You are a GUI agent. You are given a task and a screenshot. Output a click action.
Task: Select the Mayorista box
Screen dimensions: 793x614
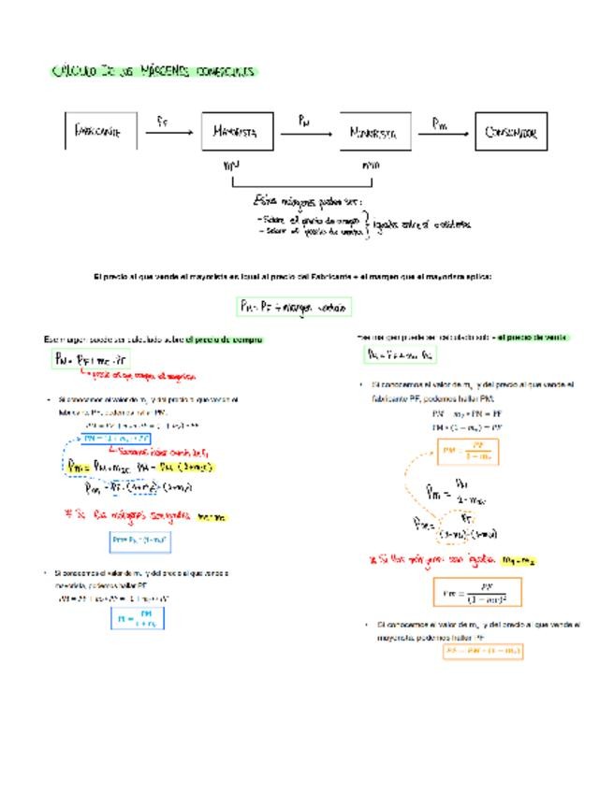click(239, 132)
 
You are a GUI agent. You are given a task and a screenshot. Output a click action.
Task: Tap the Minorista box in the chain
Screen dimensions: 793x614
click(376, 133)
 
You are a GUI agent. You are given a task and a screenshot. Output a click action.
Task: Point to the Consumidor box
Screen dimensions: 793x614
click(510, 132)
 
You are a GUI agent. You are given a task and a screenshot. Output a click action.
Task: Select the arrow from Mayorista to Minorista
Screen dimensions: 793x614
click(306, 133)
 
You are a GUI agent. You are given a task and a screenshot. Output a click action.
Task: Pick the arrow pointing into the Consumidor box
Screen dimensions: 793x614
click(445, 133)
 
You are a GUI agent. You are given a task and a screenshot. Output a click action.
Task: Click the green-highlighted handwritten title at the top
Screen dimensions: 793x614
click(153, 71)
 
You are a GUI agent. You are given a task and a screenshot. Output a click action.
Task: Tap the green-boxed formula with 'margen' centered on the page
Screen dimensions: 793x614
click(293, 306)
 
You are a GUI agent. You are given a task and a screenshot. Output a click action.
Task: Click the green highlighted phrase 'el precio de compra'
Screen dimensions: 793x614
click(225, 339)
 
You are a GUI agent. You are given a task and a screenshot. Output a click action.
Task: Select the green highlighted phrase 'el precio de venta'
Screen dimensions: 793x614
click(532, 336)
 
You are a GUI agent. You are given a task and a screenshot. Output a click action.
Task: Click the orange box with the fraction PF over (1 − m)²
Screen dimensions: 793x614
click(477, 593)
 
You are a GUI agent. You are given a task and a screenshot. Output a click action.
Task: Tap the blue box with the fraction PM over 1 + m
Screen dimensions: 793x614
click(138, 618)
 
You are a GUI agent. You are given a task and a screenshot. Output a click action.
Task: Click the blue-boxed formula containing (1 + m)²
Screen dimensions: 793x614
click(140, 540)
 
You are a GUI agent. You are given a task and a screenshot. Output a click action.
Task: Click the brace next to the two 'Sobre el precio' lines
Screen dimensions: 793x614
click(366, 224)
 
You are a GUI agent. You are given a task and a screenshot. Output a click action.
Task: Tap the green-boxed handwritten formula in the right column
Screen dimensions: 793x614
click(400, 355)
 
